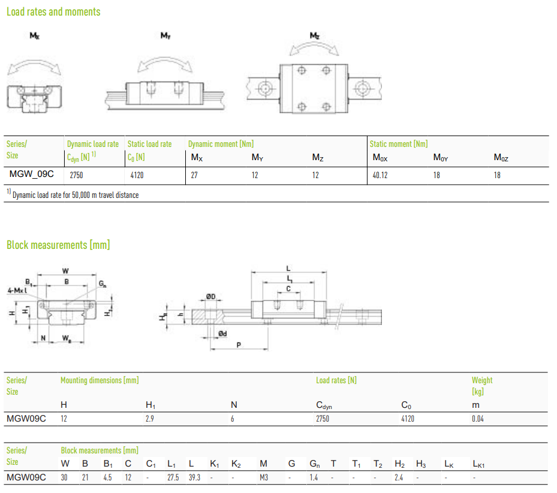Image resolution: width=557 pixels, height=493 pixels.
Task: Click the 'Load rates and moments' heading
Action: (53, 12)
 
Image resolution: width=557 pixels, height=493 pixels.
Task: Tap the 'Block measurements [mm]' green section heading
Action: (58, 245)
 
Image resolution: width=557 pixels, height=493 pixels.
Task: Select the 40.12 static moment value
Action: (380, 175)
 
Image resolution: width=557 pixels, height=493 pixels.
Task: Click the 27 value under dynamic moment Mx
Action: (194, 175)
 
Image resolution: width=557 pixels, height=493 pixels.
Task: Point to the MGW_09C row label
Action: (32, 174)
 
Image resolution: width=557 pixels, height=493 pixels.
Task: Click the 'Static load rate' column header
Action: (149, 144)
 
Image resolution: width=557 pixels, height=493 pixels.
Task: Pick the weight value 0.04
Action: (478, 419)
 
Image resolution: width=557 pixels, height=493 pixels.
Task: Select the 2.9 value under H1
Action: (149, 419)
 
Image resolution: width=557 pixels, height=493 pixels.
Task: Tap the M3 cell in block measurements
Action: (264, 477)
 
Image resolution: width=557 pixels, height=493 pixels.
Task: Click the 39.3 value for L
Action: (194, 477)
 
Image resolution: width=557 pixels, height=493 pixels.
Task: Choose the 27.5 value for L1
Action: (173, 477)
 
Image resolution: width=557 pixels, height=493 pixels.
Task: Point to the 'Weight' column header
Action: (482, 380)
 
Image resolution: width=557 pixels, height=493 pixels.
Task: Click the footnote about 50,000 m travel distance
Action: (73, 194)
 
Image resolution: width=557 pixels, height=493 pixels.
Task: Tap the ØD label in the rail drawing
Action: (210, 296)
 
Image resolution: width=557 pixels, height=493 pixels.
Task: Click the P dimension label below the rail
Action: (239, 345)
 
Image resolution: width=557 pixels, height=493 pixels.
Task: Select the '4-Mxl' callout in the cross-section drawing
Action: (17, 290)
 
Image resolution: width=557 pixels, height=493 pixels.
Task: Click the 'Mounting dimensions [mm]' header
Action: (100, 380)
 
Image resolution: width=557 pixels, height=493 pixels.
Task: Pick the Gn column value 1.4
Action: (314, 477)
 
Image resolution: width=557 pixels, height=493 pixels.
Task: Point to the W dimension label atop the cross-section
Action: (66, 271)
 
